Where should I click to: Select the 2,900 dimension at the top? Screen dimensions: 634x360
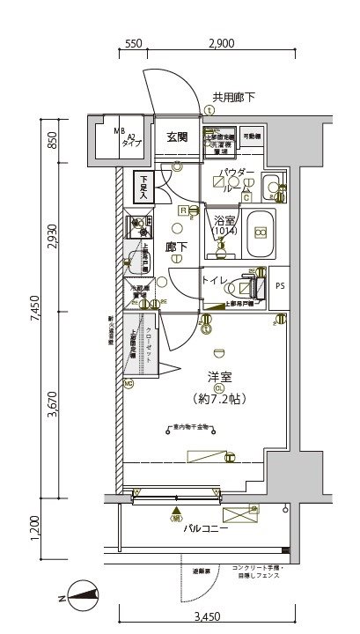click(x=221, y=43)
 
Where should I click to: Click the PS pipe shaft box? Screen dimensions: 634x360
click(x=280, y=284)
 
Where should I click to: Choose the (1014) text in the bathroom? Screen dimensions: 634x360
click(x=224, y=231)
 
